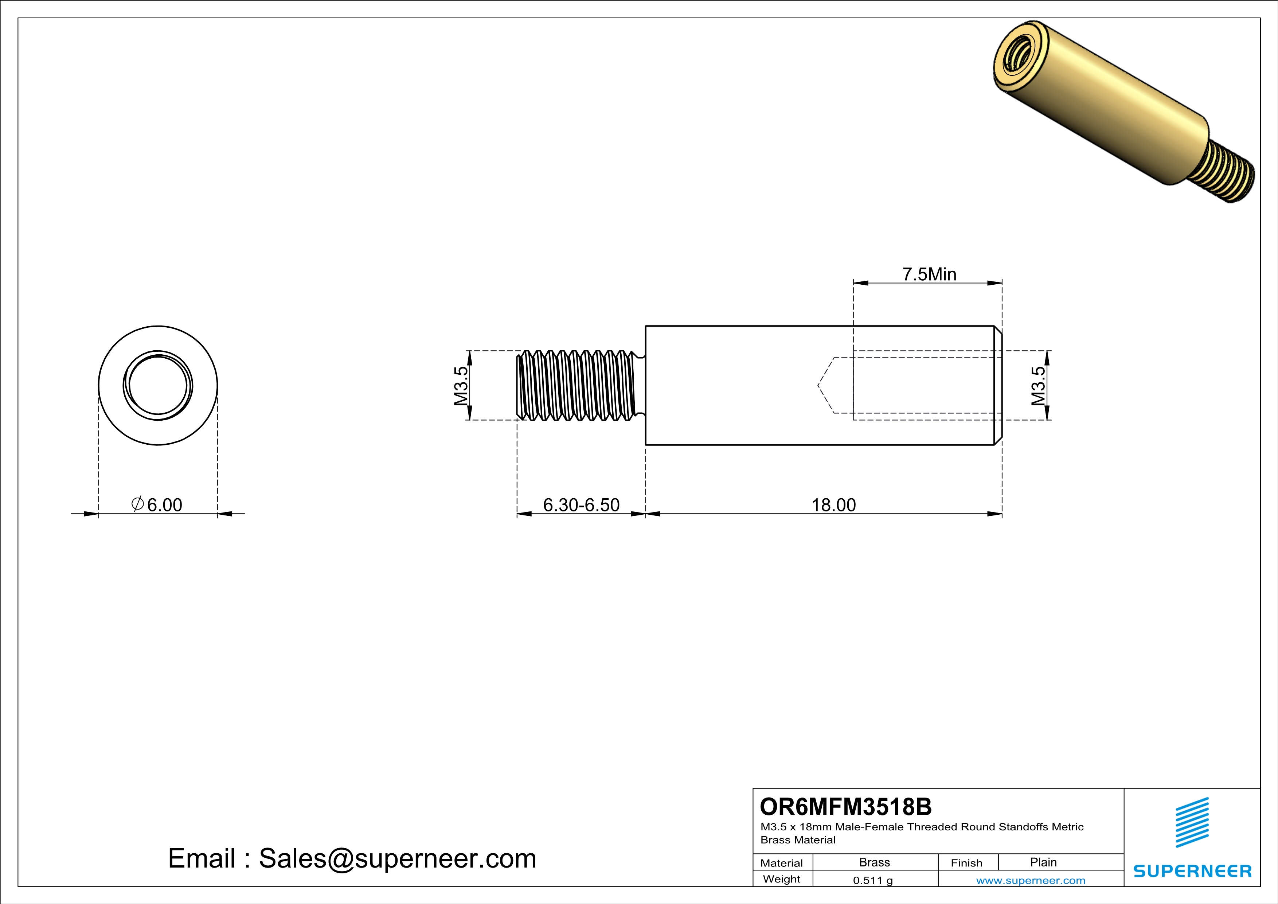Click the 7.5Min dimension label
click(x=929, y=274)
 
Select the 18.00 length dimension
click(x=833, y=505)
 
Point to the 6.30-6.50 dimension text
click(x=581, y=505)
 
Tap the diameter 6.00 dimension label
click(x=157, y=504)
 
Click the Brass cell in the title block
click(x=875, y=862)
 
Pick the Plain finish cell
click(x=1043, y=862)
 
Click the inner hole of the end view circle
click(x=157, y=385)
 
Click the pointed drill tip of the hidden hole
click(x=819, y=385)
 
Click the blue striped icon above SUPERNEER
click(x=1192, y=822)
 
